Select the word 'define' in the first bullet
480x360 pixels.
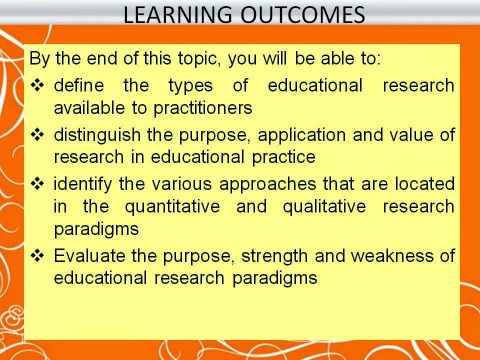[x=78, y=85]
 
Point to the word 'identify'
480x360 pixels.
[x=83, y=184]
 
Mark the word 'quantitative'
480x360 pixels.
[x=172, y=206]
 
